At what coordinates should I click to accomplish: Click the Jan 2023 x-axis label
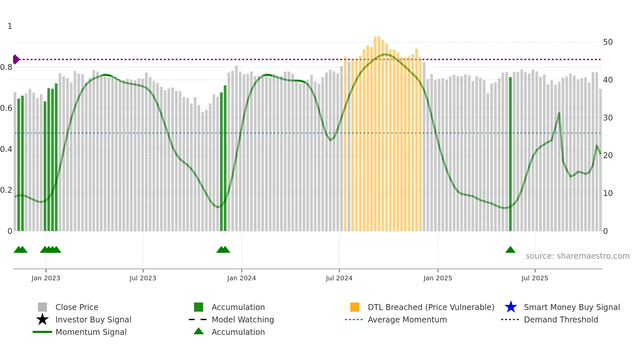coord(46,278)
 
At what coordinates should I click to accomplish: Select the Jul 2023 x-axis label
coord(143,278)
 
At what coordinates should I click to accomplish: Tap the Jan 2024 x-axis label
coord(241,278)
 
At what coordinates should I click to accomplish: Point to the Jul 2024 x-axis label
coord(339,278)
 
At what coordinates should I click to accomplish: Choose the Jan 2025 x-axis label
coord(438,278)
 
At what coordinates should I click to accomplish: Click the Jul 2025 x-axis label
coord(535,278)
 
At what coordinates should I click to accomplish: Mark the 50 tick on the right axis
coord(608,42)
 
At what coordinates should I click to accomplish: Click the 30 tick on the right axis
coord(608,118)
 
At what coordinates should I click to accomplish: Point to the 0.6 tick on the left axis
coord(7,108)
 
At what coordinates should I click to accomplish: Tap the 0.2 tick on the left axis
coord(7,190)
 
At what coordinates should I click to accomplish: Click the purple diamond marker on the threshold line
coord(16,59)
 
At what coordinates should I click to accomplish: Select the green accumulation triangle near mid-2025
coord(510,250)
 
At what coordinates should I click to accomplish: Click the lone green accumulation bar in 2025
coord(510,154)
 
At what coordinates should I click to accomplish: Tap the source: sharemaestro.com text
coord(577,256)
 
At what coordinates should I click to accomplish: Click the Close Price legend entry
coord(77,307)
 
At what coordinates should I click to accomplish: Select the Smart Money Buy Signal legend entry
coord(571,307)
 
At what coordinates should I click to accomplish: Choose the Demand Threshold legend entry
coord(561,320)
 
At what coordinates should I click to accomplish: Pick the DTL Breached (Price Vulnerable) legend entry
coord(431,307)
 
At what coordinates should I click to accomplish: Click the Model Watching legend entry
coord(243,320)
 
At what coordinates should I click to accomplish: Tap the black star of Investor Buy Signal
coord(42,320)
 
